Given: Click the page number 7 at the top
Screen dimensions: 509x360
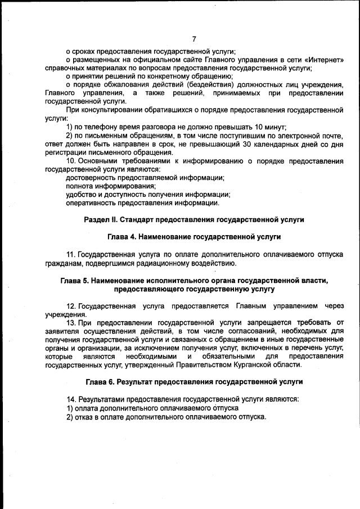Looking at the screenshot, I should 193,39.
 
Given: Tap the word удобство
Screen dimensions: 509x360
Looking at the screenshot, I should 83,195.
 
